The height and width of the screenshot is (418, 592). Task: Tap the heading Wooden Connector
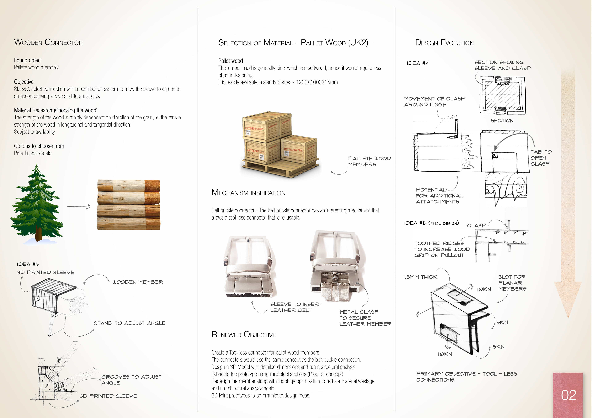pos(48,42)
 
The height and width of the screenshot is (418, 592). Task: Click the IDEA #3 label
pos(28,264)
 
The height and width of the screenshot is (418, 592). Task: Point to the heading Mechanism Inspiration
pos(248,193)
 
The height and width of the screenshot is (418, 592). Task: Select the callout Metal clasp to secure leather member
pos(365,318)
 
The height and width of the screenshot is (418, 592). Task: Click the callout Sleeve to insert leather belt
pos(296,307)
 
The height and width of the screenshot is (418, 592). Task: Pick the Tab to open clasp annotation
pos(541,158)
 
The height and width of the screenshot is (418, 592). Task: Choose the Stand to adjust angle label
pos(129,323)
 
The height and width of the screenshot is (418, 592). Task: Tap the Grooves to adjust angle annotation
pos(131,380)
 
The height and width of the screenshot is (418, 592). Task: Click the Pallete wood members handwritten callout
pos(369,161)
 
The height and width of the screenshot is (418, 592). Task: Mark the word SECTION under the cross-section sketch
pos(502,121)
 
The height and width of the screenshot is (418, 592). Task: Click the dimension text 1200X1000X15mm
pos(317,82)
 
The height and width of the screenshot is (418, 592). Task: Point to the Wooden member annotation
pos(138,282)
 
